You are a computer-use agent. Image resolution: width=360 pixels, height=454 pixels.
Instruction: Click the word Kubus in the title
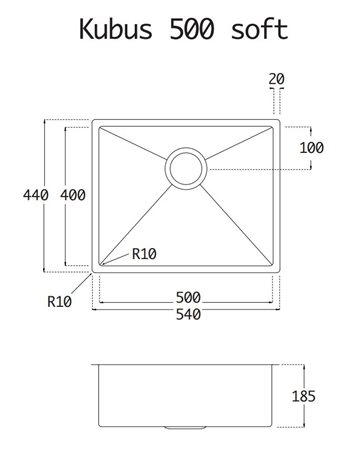pyautogui.click(x=116, y=29)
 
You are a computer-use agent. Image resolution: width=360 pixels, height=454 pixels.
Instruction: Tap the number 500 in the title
pyautogui.click(x=191, y=29)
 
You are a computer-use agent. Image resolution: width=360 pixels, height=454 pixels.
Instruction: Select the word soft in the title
pyautogui.click(x=259, y=29)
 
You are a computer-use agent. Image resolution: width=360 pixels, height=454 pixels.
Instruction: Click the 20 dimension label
pyautogui.click(x=276, y=79)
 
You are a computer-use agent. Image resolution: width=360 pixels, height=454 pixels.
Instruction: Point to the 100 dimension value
pyautogui.click(x=311, y=148)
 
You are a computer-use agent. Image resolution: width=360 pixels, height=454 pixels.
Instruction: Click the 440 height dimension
pyautogui.click(x=36, y=195)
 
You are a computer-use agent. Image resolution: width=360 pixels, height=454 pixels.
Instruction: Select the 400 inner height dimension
pyautogui.click(x=73, y=195)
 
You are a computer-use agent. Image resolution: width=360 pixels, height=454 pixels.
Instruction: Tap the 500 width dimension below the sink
pyautogui.click(x=188, y=297)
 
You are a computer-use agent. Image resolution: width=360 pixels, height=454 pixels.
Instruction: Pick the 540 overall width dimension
pyautogui.click(x=188, y=314)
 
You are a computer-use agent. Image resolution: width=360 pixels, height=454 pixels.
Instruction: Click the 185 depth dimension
pyautogui.click(x=303, y=396)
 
